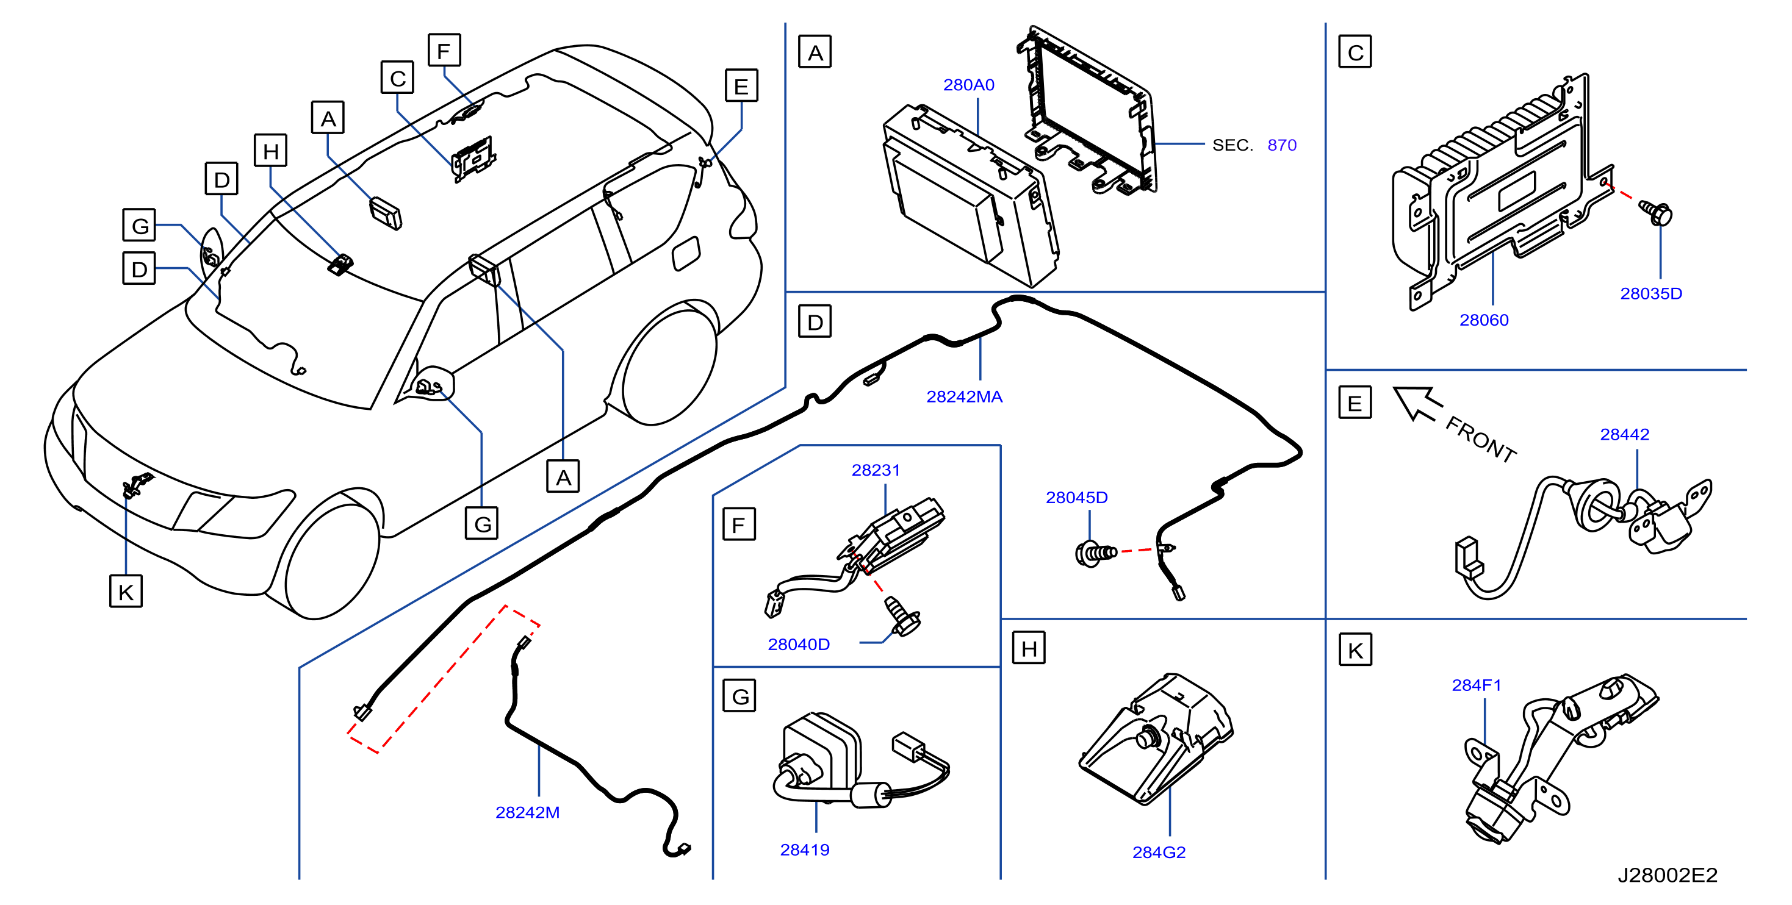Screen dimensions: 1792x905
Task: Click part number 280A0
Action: (x=968, y=85)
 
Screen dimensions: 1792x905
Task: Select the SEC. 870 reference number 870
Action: (x=1281, y=145)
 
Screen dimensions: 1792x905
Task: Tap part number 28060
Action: (x=1484, y=320)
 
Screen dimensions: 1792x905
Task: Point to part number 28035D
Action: (x=1651, y=293)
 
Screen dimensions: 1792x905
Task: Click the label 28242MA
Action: (x=964, y=396)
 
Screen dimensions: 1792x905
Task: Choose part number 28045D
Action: (x=1076, y=497)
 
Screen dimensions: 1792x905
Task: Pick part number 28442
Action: (x=1624, y=434)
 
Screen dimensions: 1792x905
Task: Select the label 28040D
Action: (x=799, y=645)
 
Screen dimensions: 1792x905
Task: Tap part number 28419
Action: (x=805, y=850)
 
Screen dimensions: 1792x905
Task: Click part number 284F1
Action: (x=1476, y=685)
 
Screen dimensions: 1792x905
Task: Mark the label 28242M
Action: (x=527, y=812)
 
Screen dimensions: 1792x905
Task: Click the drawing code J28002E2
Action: (x=1668, y=875)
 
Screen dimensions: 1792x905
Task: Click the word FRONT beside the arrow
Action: (x=1481, y=440)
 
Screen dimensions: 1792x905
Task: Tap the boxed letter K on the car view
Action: (x=126, y=592)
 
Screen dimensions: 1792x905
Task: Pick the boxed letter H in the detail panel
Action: (x=1029, y=648)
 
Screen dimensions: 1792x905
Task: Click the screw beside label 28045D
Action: (x=1095, y=553)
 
